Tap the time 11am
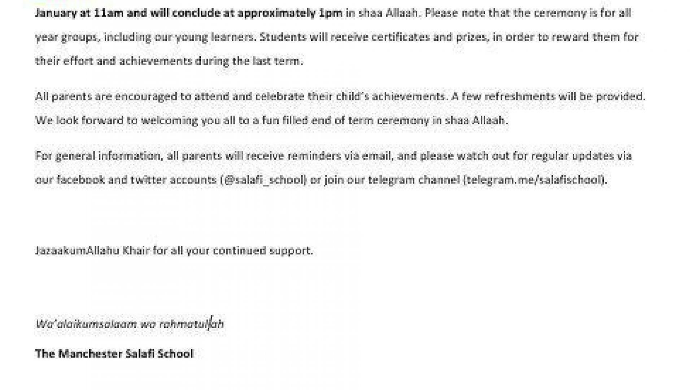click(106, 13)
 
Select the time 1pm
click(331, 13)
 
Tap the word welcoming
click(169, 120)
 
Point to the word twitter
click(148, 179)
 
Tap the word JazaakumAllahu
click(77, 251)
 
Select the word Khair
click(136, 251)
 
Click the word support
click(291, 251)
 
